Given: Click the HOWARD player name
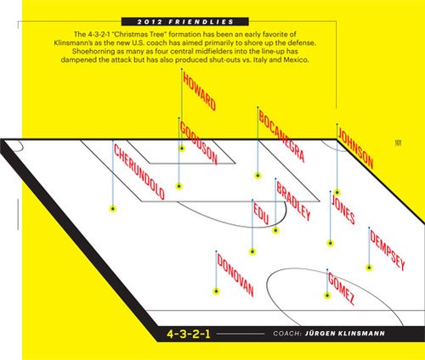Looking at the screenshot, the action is tap(200, 91).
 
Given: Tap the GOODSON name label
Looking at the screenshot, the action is tap(199, 143).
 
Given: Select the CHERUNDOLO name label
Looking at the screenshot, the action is tap(139, 172).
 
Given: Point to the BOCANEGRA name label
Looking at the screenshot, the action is tap(281, 137).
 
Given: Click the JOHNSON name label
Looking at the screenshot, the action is tap(355, 149).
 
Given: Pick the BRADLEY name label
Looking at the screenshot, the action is tap(293, 200).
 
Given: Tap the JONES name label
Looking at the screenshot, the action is tap(343, 209).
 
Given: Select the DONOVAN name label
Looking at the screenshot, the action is tap(235, 274).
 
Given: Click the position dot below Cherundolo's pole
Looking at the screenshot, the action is tap(113, 209).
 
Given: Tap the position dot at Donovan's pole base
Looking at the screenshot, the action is tap(216, 291).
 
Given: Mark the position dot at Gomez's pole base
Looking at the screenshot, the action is tap(327, 295).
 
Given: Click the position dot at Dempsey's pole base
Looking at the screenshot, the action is tap(369, 267).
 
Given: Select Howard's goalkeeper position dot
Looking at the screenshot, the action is tap(182, 148).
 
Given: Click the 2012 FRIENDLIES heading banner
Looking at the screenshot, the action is tap(185, 22).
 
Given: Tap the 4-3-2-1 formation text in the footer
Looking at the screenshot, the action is tap(189, 334).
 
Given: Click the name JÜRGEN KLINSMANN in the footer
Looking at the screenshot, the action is tap(345, 334).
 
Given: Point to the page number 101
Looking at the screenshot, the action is tap(398, 143).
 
